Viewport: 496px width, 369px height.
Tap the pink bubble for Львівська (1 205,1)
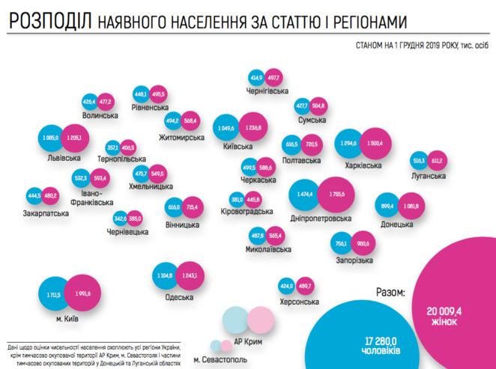73,139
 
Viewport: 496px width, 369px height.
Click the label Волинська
101,116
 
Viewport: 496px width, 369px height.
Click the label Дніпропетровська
320,218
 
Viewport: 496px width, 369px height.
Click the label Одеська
180,297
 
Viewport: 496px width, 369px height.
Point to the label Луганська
429,176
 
